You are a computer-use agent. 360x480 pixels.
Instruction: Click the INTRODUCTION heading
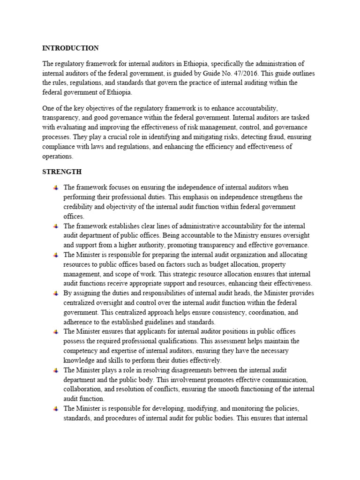70,48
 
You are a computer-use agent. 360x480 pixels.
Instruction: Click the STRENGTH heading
61,171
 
